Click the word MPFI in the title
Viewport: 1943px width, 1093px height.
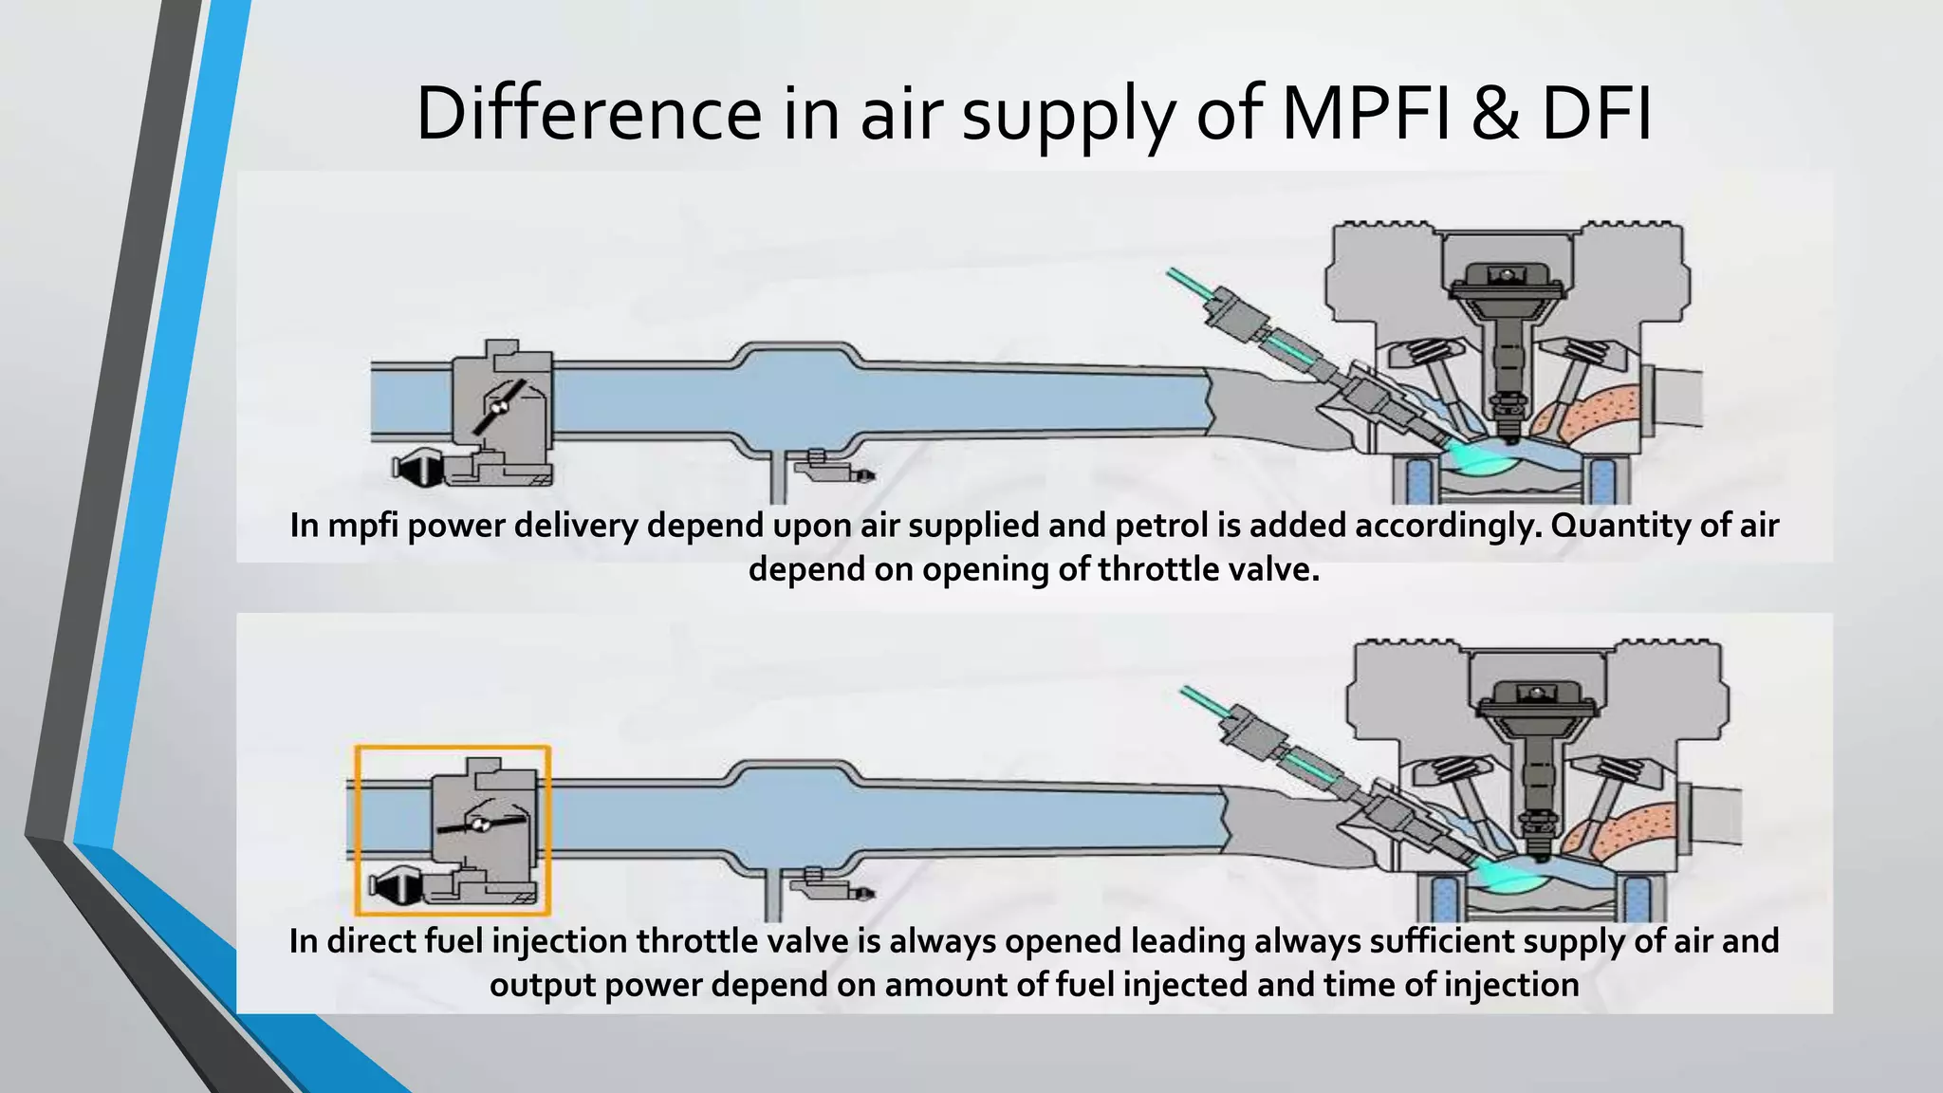(x=1364, y=114)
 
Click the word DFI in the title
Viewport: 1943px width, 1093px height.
(x=1596, y=114)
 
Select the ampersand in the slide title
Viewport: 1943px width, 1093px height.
(x=1495, y=114)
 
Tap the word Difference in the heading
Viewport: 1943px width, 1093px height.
(x=588, y=114)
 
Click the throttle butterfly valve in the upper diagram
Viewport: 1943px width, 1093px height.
(x=499, y=407)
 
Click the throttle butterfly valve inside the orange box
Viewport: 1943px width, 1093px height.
(x=481, y=824)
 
